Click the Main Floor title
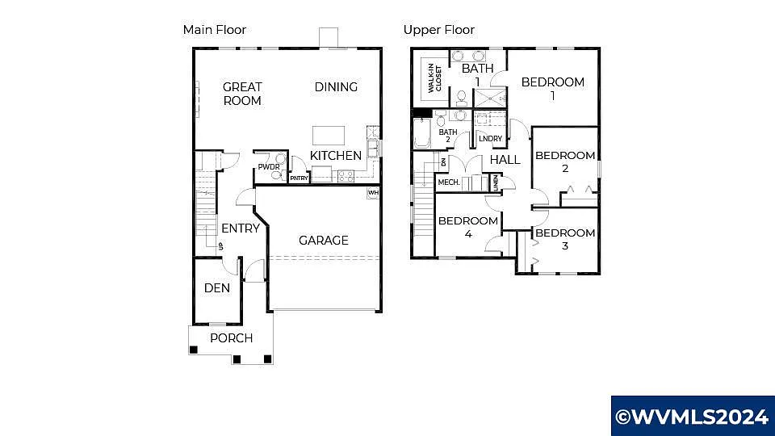(x=214, y=30)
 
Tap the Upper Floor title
(x=439, y=30)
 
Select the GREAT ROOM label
(x=242, y=94)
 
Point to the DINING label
(x=336, y=87)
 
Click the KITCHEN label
(x=336, y=155)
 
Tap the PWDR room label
(x=268, y=167)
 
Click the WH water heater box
(x=373, y=193)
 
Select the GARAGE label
(x=324, y=240)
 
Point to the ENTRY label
(x=241, y=228)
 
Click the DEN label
(x=217, y=288)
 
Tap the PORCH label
(x=231, y=338)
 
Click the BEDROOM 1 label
(x=553, y=88)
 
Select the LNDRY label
(x=490, y=139)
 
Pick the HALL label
(x=505, y=160)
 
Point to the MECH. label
(x=449, y=183)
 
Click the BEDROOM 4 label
(x=468, y=227)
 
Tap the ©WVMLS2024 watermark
(x=692, y=417)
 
